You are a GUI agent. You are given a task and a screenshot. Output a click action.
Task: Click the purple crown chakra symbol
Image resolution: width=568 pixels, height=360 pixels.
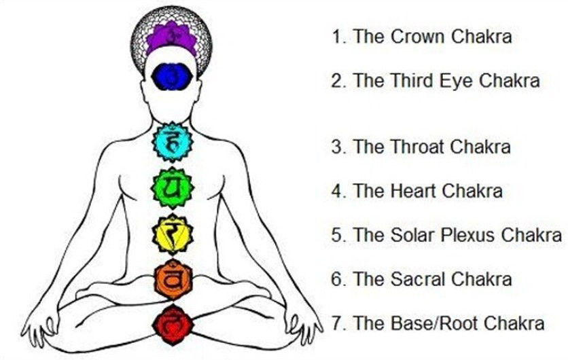click(x=171, y=38)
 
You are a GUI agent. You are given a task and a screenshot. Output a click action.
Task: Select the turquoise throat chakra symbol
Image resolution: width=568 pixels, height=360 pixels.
click(x=172, y=142)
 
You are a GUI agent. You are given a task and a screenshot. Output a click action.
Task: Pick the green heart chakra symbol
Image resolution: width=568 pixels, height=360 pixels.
click(x=172, y=187)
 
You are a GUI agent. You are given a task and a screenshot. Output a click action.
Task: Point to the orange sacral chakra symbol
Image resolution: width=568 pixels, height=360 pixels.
click(x=173, y=279)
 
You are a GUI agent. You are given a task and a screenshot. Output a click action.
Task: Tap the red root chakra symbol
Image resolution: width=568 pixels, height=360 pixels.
click(x=173, y=325)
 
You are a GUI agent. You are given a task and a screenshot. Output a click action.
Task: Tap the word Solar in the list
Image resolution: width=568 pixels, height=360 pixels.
click(x=412, y=235)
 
